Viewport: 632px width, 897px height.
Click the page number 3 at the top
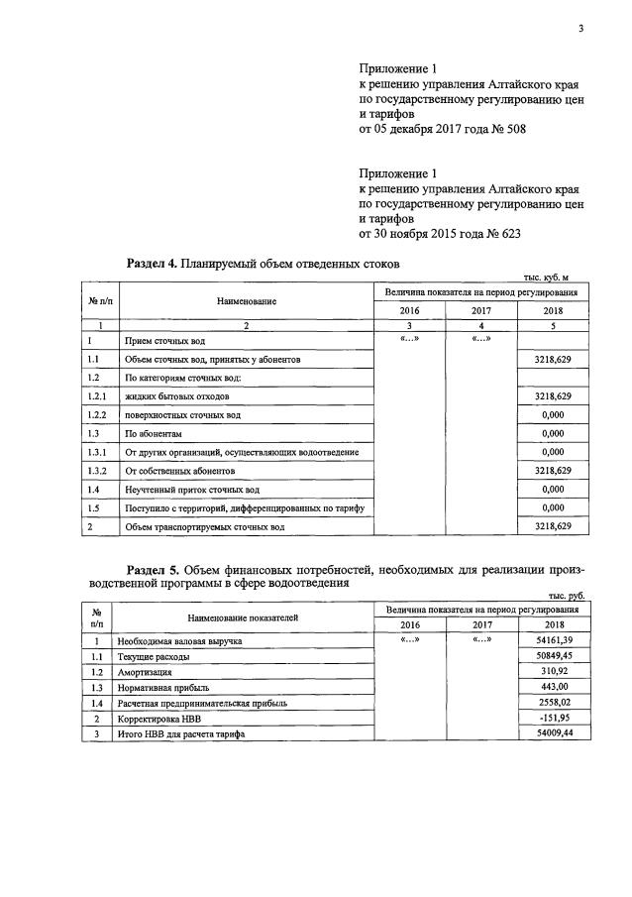(581, 29)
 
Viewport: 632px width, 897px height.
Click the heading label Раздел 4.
(154, 264)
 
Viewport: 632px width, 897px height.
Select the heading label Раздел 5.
(154, 570)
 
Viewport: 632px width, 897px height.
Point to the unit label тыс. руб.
(566, 595)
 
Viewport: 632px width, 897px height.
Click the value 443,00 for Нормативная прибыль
(554, 686)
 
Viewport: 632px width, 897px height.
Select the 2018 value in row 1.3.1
(554, 452)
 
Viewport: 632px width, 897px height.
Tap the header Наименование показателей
(243, 617)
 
